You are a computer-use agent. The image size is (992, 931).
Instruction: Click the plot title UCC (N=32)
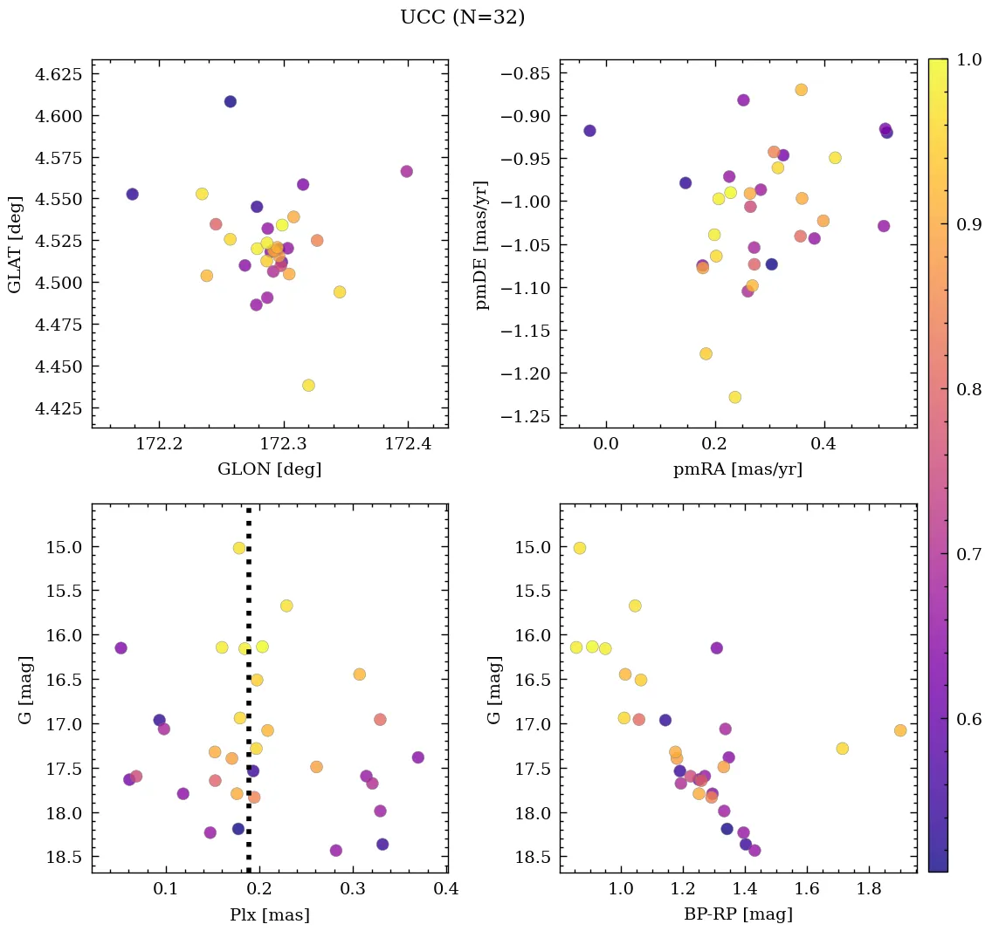pos(462,17)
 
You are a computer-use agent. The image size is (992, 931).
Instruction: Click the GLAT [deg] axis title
pos(15,243)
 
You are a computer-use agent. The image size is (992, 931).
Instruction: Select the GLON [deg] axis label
pos(269,469)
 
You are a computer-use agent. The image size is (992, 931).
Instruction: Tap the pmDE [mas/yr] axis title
pos(482,245)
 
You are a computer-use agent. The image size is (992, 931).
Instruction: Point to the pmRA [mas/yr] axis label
pos(737,469)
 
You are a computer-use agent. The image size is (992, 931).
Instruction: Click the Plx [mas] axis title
pos(269,915)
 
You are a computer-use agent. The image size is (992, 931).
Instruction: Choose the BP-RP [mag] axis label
pos(737,915)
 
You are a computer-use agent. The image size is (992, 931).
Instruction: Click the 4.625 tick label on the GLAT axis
pos(59,74)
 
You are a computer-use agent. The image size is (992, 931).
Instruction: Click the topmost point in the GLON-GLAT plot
pos(231,101)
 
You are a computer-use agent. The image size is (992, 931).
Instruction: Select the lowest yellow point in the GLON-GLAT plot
pos(308,386)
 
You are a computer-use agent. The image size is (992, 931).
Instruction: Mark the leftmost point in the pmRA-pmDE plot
pos(589,131)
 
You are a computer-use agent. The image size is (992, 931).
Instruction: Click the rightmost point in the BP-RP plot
pos(900,730)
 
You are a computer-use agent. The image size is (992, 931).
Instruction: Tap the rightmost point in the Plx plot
pos(417,757)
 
